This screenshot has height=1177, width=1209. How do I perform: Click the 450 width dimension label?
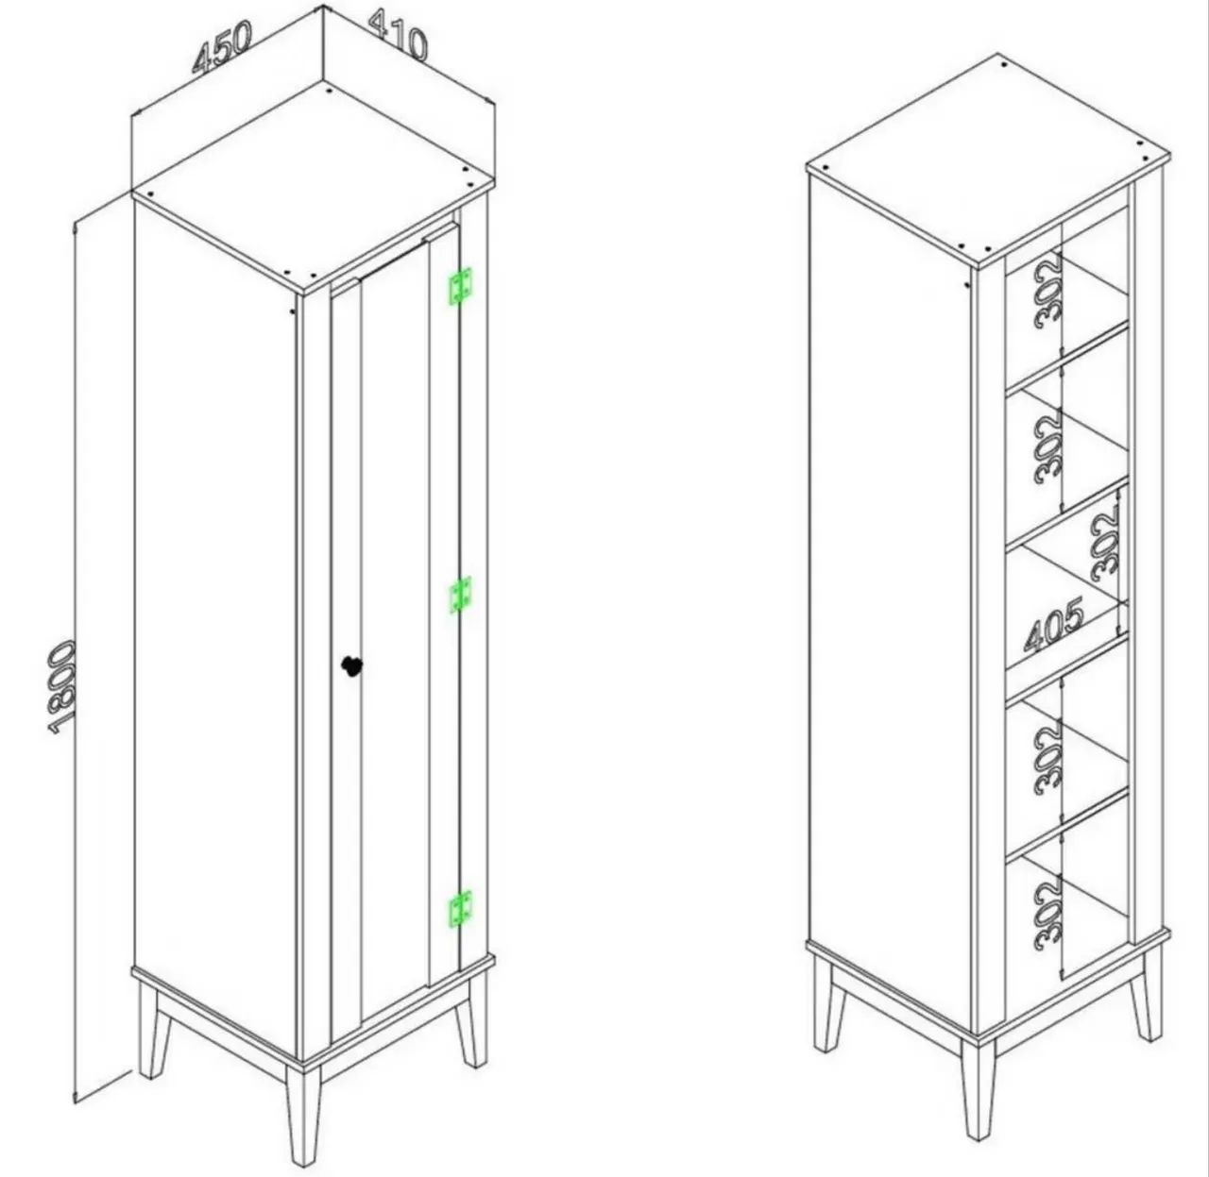pyautogui.click(x=221, y=47)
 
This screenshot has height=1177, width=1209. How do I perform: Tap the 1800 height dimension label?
pyautogui.click(x=62, y=688)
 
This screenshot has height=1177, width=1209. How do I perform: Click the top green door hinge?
pyautogui.click(x=460, y=286)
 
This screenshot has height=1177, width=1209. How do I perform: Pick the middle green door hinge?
pyautogui.click(x=460, y=595)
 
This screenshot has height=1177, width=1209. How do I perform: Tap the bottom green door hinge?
pyautogui.click(x=460, y=909)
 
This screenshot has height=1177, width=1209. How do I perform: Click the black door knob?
pyautogui.click(x=351, y=666)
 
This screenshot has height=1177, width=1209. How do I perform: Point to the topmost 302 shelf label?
pyautogui.click(x=1048, y=291)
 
